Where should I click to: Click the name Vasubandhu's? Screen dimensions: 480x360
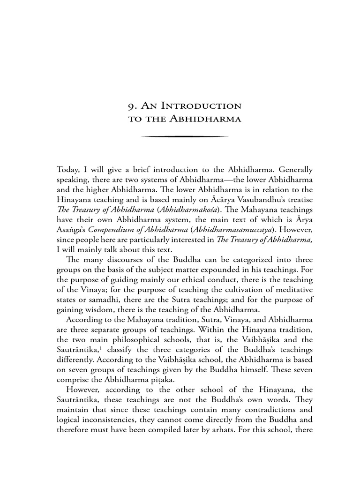(x=258, y=200)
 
